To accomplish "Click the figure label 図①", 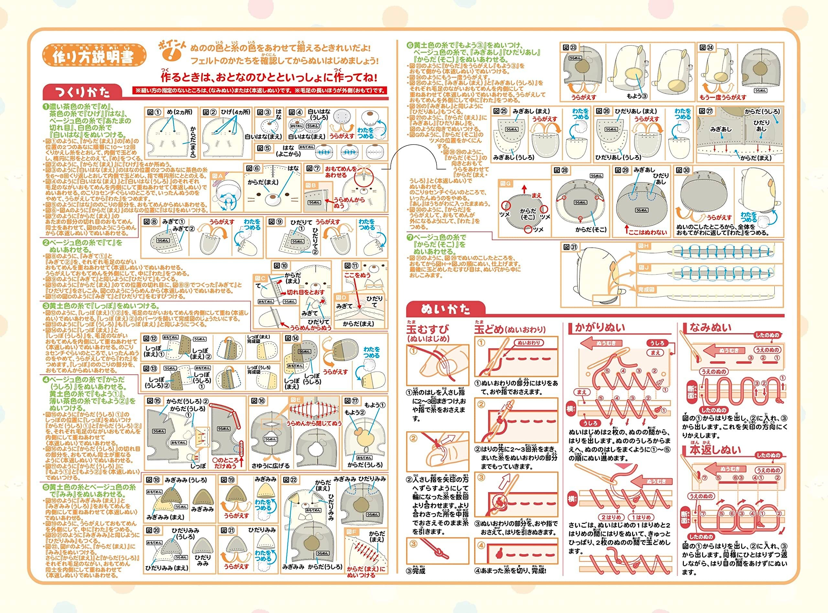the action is point(154,112).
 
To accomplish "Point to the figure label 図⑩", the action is point(281,266).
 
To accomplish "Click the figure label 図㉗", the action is point(706,111).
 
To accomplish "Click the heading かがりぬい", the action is point(600,327).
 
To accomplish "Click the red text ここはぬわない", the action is point(648,232).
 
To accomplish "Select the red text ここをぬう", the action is point(357,275).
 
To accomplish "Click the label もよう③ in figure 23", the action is point(637,96).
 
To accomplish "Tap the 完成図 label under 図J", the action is point(647,290).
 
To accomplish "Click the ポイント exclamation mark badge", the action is point(171,52).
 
